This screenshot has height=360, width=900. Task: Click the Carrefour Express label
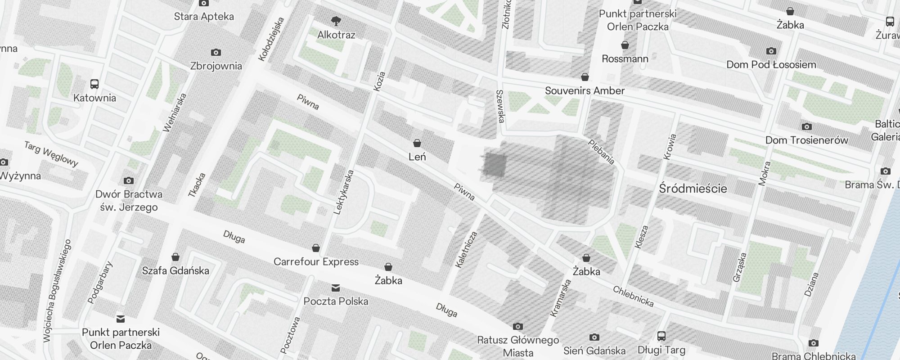tap(316, 262)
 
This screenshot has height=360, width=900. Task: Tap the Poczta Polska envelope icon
tap(336, 288)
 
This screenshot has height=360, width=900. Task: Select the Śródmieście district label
tap(693, 189)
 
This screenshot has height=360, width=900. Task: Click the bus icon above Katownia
tap(94, 84)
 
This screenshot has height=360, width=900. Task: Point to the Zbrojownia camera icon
tap(216, 53)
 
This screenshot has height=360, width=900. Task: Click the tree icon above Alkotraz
tap(336, 21)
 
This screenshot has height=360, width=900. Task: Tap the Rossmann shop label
tap(625, 59)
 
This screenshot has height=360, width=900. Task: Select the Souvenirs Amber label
tap(585, 91)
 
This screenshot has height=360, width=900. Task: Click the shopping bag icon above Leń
tap(417, 144)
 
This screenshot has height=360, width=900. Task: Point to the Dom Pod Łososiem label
tap(771, 65)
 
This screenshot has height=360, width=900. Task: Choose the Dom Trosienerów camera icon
tap(807, 127)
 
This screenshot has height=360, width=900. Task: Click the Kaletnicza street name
tap(466, 250)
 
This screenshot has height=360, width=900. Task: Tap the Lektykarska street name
tap(344, 192)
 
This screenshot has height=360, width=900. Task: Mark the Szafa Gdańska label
tap(175, 271)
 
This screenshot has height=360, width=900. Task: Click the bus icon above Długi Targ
tap(661, 336)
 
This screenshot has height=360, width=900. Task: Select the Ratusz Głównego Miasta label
tap(518, 346)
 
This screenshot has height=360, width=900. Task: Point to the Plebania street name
tap(602, 152)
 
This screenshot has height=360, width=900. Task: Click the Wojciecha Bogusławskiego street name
tap(57, 291)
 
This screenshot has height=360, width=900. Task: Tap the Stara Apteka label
tap(204, 17)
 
